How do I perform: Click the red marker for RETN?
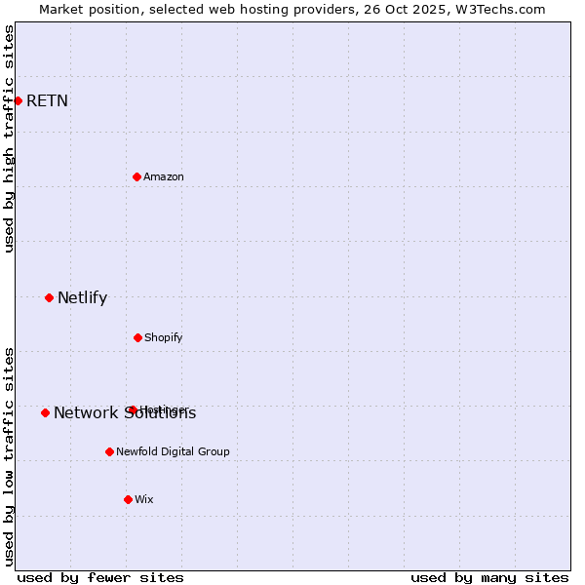pyautogui.click(x=18, y=100)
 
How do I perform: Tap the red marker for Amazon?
pyautogui.click(x=136, y=176)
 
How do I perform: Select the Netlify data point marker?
pyautogui.click(x=49, y=297)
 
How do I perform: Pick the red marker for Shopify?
pyautogui.click(x=137, y=337)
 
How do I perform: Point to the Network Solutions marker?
pyautogui.click(x=45, y=412)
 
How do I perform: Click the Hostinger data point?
pyautogui.click(x=133, y=409)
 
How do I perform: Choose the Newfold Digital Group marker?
pyautogui.click(x=109, y=451)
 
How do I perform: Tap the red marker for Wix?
pyautogui.click(x=128, y=499)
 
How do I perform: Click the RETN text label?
pyautogui.click(x=47, y=100)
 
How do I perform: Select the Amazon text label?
pyautogui.click(x=164, y=176)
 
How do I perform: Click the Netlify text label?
pyautogui.click(x=82, y=297)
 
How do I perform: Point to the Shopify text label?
pyautogui.click(x=164, y=337)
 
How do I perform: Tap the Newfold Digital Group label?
pyautogui.click(x=173, y=451)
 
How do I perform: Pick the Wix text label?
pyautogui.click(x=144, y=499)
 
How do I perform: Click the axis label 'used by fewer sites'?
pyautogui.click(x=100, y=577)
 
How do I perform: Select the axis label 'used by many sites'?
pyautogui.click(x=489, y=577)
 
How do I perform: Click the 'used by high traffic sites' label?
pyautogui.click(x=9, y=138)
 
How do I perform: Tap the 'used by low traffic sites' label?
pyautogui.click(x=9, y=456)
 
